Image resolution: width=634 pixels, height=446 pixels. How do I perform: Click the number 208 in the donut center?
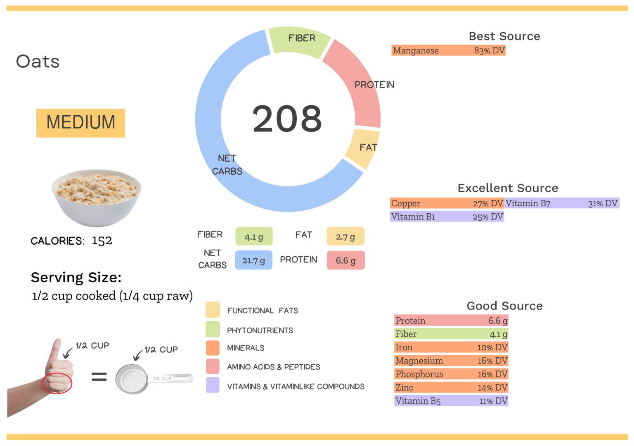[x=287, y=119]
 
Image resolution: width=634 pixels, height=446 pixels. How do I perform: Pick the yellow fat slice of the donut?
[x=361, y=149]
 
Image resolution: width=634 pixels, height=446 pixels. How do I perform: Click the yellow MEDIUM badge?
[x=80, y=123]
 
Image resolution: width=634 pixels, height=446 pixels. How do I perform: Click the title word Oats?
[x=38, y=62]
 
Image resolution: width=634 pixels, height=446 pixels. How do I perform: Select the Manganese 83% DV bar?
[x=448, y=50]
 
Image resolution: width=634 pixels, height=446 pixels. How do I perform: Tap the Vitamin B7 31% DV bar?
[x=561, y=203]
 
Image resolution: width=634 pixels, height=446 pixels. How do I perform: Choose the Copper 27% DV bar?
[x=447, y=203]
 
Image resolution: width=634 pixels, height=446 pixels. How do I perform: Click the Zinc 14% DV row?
[x=451, y=387]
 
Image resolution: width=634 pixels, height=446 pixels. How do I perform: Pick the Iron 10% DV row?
[x=451, y=347]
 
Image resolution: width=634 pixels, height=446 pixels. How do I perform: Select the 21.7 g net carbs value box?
[x=253, y=260]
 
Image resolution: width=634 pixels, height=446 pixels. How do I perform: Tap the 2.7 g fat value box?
[x=345, y=237]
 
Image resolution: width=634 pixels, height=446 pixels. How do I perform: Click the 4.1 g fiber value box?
[x=253, y=237]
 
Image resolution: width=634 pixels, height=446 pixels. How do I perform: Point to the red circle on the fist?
[x=57, y=383]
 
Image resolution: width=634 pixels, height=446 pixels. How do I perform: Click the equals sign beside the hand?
[x=99, y=376]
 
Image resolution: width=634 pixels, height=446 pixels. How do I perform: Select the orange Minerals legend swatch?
[x=213, y=348]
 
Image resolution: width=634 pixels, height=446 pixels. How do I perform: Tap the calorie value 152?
[x=102, y=241]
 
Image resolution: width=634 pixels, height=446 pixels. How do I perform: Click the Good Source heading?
[x=504, y=306]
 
